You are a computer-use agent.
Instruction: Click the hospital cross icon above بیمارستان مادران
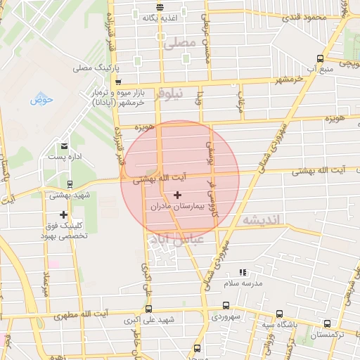click(176, 194)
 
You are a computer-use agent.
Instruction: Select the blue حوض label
click(41, 99)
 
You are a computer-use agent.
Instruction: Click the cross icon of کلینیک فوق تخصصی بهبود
click(64, 214)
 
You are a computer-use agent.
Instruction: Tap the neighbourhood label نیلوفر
click(169, 93)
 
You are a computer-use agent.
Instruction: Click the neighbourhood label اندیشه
click(261, 220)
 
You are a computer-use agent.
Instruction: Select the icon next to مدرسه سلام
click(243, 272)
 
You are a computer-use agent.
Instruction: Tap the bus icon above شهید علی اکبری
click(148, 309)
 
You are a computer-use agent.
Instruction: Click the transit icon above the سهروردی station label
click(226, 305)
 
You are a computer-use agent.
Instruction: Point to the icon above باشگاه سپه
click(279, 314)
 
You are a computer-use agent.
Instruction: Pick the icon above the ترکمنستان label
click(328, 324)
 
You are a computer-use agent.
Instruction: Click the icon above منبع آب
click(321, 58)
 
